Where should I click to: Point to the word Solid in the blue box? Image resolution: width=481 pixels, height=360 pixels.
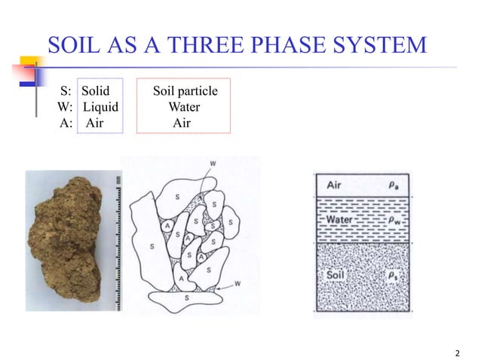(96, 92)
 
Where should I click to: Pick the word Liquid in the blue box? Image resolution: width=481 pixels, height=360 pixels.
(100, 108)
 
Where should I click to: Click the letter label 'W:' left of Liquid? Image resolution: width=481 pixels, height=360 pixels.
(66, 108)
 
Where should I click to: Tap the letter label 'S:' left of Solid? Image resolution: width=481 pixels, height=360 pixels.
(66, 92)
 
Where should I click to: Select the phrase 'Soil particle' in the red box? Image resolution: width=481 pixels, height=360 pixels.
(185, 92)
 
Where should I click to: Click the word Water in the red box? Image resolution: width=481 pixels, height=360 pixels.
(183, 108)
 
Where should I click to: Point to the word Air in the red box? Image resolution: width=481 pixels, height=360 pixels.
(182, 124)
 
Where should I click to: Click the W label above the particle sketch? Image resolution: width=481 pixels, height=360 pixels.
(213, 163)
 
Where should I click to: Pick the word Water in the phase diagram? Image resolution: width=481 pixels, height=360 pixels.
(341, 221)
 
